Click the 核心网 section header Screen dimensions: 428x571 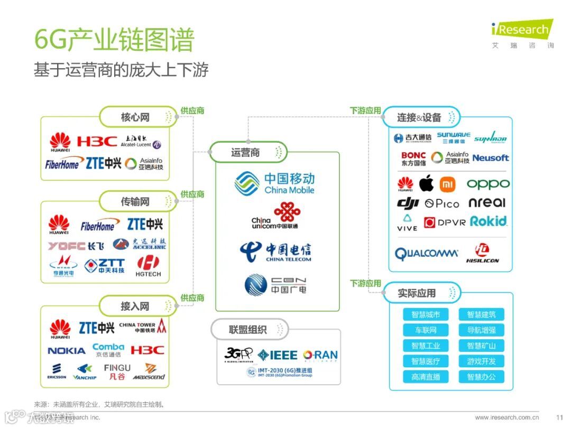coord(135,117)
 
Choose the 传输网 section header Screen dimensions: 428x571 coord(135,201)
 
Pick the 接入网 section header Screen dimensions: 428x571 coord(135,306)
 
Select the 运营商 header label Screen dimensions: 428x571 coord(246,153)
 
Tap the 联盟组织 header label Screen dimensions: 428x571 coord(248,330)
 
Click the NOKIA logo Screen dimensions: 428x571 coord(66,351)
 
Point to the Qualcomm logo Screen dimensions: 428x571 coord(427,254)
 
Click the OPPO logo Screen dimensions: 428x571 coord(487,184)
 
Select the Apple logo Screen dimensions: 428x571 coord(426,184)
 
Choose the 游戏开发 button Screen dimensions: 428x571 coord(481,361)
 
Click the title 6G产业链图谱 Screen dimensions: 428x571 coord(114,40)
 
